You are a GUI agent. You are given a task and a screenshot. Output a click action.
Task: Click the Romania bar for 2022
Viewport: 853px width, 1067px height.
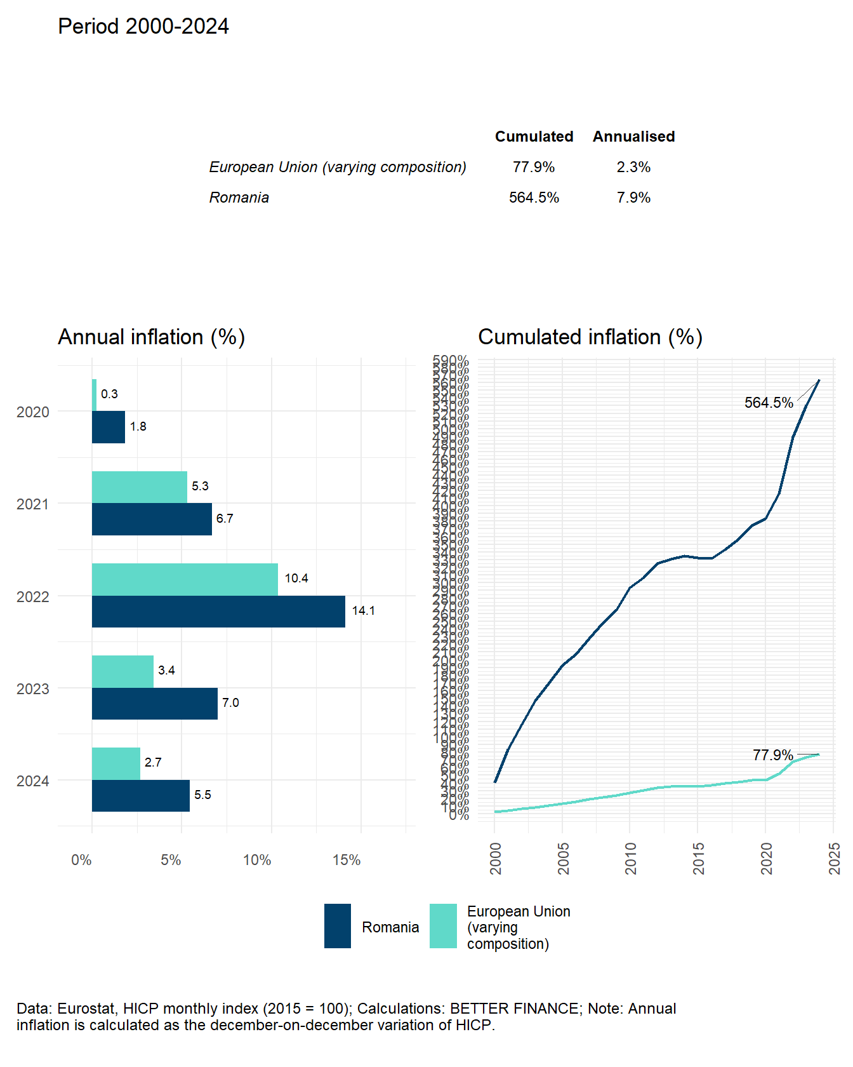coord(218,612)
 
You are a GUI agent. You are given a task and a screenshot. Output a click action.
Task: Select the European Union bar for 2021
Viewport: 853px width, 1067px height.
coord(140,487)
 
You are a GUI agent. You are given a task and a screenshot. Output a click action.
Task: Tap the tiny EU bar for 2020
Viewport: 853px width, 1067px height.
coord(94,395)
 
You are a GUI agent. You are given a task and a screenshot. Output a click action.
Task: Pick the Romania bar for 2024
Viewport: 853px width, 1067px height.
coord(141,796)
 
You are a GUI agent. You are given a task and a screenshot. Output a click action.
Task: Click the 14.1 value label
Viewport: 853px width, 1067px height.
coord(363,611)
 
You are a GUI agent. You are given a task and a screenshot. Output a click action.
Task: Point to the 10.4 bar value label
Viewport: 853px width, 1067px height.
coord(296,579)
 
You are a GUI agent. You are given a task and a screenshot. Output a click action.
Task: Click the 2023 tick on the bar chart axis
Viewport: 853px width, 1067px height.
coord(32,689)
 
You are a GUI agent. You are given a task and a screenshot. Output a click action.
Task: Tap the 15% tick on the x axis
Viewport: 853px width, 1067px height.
coord(347,860)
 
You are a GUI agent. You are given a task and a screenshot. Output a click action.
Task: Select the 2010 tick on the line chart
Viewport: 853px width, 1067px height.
coord(630,858)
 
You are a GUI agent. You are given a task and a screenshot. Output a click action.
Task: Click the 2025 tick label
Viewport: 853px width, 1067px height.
coord(834,858)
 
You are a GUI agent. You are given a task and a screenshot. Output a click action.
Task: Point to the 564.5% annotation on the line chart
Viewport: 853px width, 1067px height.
coord(769,403)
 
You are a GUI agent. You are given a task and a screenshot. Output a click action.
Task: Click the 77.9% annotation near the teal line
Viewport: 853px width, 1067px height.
coord(772,755)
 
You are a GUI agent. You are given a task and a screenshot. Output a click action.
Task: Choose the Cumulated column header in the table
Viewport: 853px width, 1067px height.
coord(534,137)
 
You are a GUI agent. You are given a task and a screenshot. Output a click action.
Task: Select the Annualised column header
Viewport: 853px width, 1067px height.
coord(633,137)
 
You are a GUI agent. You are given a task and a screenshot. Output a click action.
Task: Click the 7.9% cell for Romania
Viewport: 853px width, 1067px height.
coord(633,198)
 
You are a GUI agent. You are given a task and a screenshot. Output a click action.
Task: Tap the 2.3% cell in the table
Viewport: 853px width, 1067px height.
coord(633,167)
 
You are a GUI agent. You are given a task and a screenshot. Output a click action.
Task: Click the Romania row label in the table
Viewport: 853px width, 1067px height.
coord(239,198)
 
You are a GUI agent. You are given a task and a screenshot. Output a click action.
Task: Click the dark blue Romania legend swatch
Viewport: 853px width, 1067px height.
coord(338,926)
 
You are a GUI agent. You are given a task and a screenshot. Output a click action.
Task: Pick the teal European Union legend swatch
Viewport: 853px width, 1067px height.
coord(443,926)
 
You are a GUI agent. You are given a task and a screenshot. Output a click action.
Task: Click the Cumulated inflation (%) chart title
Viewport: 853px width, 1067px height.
coord(590,337)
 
